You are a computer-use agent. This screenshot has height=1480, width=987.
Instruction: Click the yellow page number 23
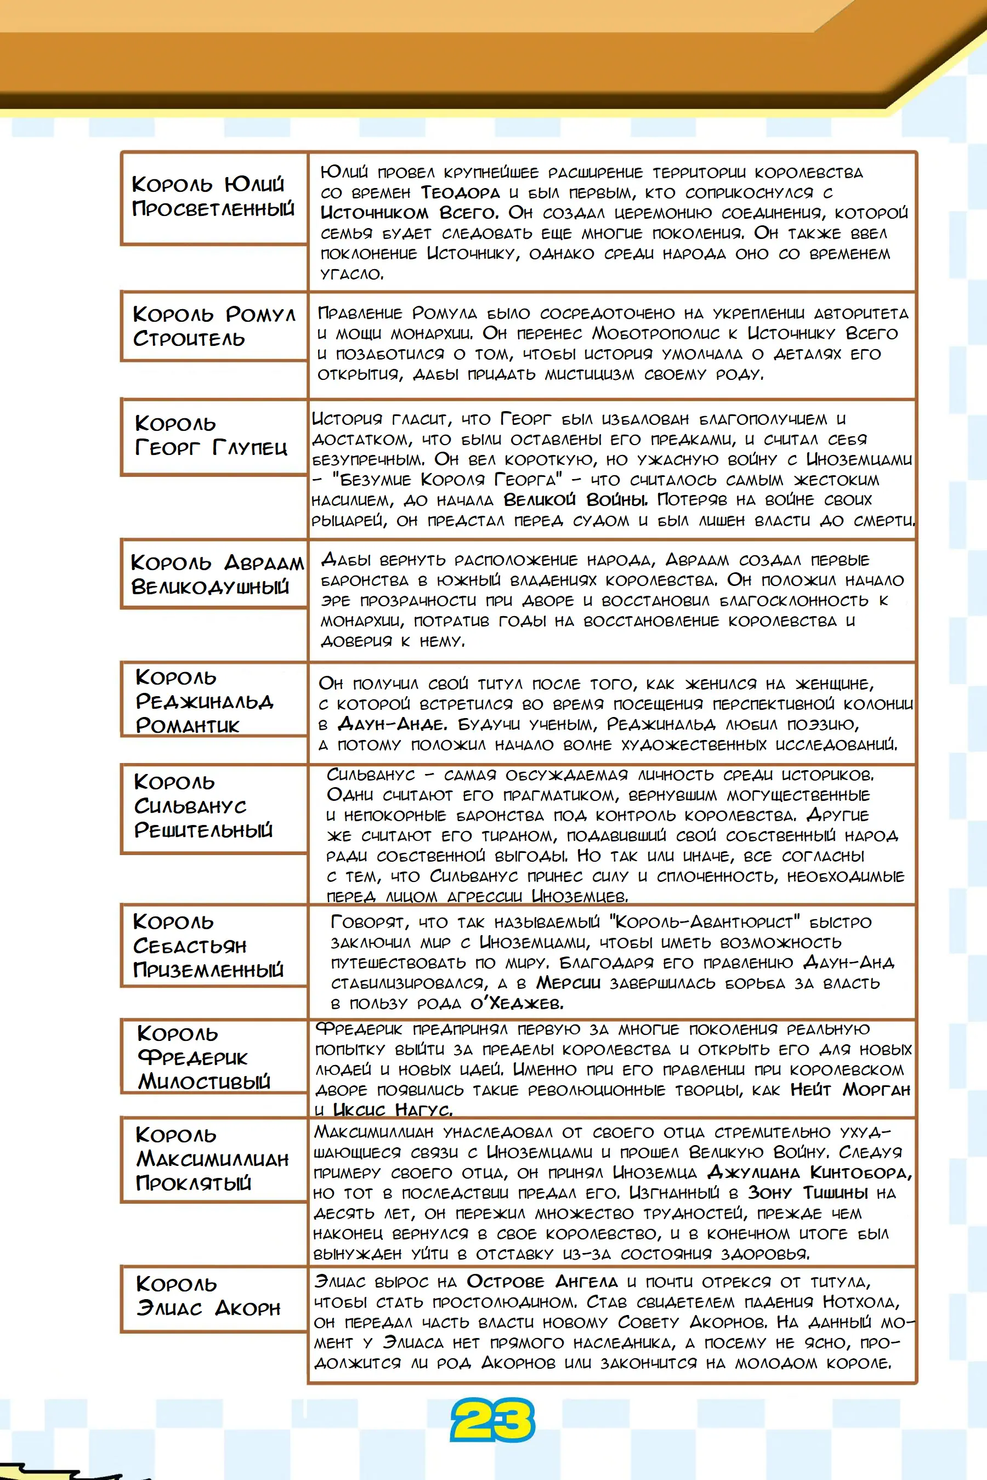[492, 1420]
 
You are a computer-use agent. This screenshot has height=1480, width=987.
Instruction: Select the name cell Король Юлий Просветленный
[213, 197]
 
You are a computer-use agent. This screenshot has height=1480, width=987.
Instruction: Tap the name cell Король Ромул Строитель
[213, 326]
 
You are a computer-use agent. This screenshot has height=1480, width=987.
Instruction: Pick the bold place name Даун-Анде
[392, 724]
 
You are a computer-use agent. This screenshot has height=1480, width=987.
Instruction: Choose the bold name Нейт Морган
[850, 1089]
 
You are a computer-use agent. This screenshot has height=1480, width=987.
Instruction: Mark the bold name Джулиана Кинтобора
[808, 1172]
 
